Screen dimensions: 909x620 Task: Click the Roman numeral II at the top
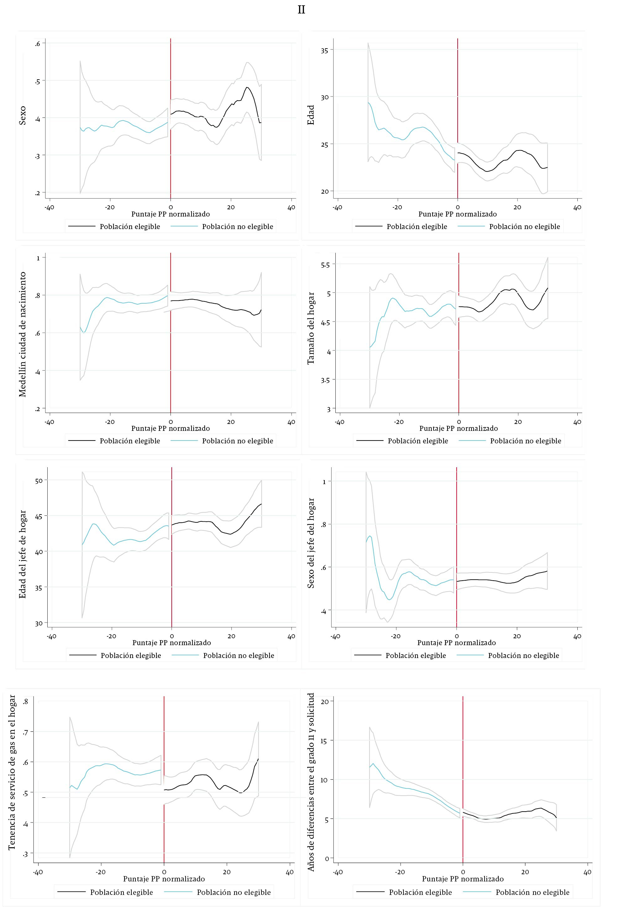click(301, 10)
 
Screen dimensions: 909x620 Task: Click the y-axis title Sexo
click(22, 115)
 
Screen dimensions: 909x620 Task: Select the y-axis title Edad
click(311, 115)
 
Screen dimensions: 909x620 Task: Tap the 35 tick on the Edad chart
click(324, 50)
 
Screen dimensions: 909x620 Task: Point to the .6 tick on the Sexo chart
click(37, 44)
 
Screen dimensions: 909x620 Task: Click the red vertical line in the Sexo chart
click(171, 117)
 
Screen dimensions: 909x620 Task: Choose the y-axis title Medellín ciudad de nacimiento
click(23, 334)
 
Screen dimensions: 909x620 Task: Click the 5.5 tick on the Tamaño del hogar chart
click(325, 265)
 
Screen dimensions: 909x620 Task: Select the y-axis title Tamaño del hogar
click(311, 328)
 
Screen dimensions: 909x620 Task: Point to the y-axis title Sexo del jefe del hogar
click(311, 543)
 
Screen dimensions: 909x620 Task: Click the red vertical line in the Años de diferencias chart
click(463, 778)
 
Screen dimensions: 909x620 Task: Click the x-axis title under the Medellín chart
click(171, 428)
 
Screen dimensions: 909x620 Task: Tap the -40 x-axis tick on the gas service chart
click(38, 872)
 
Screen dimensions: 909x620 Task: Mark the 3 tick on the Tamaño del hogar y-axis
click(328, 410)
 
